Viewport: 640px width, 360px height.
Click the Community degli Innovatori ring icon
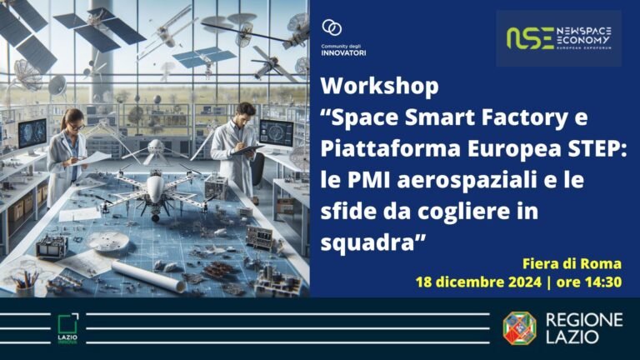click(332, 27)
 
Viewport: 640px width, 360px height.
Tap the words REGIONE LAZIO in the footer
click(584, 328)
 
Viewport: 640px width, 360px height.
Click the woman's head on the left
click(72, 119)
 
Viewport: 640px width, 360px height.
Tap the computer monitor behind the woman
click(32, 133)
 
